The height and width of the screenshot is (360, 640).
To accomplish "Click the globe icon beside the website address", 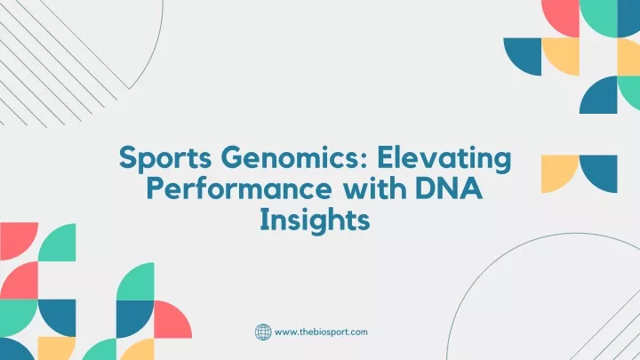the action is click(263, 332).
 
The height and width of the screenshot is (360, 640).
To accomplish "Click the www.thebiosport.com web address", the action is click(321, 332).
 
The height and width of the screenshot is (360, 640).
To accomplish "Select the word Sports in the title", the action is click(165, 158).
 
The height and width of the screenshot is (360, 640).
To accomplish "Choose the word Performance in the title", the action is click(239, 189).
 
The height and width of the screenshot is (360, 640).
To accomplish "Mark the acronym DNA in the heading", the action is click(449, 188).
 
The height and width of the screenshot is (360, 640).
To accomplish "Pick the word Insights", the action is click(315, 220).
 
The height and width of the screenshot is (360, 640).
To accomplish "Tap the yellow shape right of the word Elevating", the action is click(560, 174).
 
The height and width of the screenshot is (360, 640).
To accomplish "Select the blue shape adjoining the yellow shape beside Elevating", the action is click(598, 174).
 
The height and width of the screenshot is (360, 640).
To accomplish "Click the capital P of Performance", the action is click(155, 189).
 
